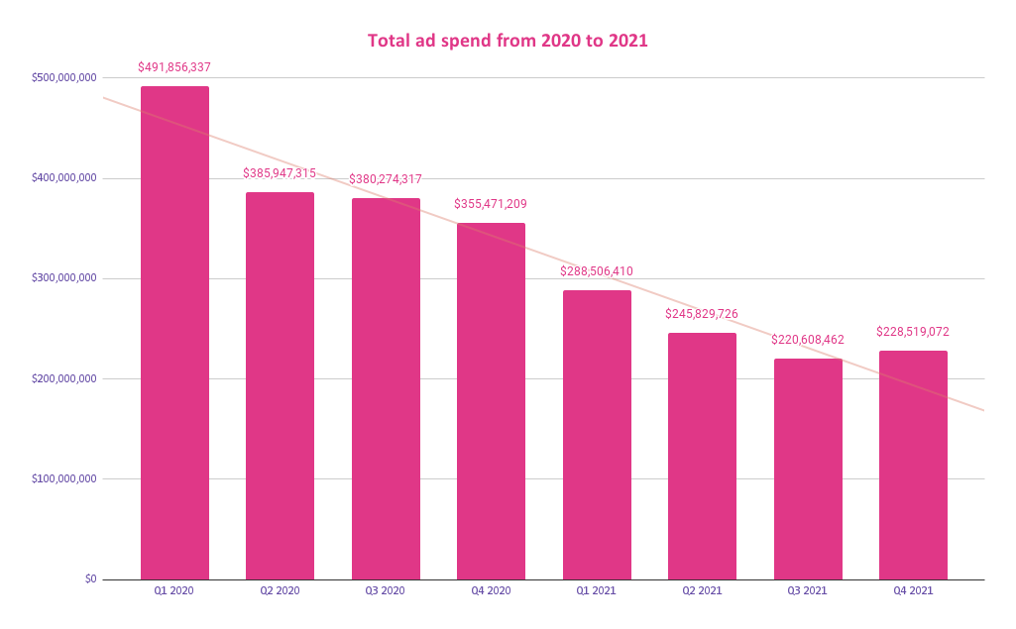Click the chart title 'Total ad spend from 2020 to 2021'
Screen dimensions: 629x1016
coord(508,41)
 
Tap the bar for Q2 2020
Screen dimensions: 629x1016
coord(280,385)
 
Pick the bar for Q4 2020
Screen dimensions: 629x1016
coord(491,401)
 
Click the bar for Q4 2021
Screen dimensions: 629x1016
coord(913,465)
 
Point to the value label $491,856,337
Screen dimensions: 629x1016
coord(174,67)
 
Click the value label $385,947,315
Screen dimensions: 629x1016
coord(280,173)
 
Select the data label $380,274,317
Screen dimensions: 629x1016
coord(386,179)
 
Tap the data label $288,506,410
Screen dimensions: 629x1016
coord(597,271)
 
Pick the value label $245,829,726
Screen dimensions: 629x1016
coord(702,314)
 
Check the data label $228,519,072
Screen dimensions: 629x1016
coord(913,332)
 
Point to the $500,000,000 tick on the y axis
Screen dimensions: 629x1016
coord(63,77)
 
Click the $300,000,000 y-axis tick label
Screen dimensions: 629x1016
coord(63,278)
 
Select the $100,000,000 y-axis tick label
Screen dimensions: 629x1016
coord(63,478)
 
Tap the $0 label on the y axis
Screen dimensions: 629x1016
coord(90,578)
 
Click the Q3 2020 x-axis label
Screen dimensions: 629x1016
coord(386,590)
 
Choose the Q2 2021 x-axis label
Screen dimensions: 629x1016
coord(702,590)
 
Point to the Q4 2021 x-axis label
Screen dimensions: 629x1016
coord(913,590)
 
